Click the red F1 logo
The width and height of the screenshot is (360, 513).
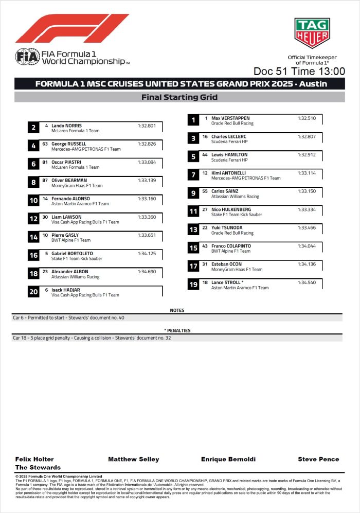click(72, 28)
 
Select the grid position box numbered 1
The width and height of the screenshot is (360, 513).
click(193, 120)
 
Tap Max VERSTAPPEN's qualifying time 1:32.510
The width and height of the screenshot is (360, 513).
click(307, 118)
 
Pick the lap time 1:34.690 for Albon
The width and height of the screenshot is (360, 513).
click(147, 272)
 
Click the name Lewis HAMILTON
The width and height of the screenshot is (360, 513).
click(229, 155)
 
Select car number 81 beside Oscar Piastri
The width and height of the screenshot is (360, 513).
click(45, 162)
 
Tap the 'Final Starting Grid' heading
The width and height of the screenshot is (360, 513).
click(179, 97)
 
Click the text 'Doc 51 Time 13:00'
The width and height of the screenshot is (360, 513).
click(299, 71)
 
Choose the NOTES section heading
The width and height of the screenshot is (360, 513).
click(177, 311)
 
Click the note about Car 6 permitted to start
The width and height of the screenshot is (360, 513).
click(68, 318)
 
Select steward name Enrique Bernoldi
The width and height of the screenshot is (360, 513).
click(228, 459)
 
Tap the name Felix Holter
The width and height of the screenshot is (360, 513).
click(34, 459)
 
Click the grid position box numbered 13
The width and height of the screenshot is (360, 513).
click(193, 230)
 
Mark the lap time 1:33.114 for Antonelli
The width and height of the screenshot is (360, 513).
click(307, 173)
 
